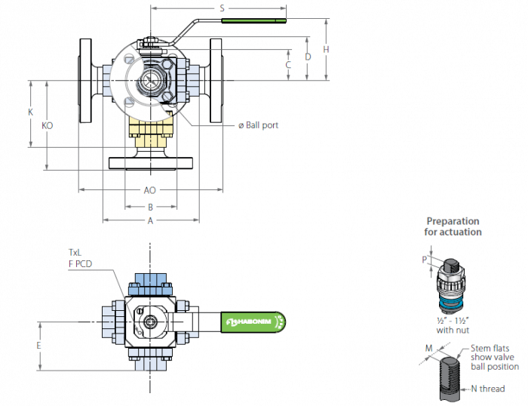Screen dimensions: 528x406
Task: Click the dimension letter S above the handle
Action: (222, 8)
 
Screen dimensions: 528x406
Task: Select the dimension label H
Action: (326, 50)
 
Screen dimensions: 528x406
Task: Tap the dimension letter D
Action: (308, 57)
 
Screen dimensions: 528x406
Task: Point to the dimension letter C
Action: (288, 65)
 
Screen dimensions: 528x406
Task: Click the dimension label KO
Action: (47, 126)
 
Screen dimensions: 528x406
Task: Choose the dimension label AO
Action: (150, 190)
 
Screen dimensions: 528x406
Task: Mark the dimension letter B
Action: (151, 208)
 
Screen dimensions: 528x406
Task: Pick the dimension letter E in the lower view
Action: (38, 346)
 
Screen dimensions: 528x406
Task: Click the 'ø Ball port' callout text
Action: (258, 125)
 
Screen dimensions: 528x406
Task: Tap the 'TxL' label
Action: (75, 252)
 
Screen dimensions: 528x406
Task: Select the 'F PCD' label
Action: (80, 264)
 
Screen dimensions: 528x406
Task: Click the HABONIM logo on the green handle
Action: (249, 321)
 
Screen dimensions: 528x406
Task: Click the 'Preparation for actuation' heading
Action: (453, 226)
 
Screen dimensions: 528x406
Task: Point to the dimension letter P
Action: (424, 260)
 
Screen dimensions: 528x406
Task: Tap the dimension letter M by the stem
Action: (428, 348)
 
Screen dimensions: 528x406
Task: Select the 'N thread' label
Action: (488, 389)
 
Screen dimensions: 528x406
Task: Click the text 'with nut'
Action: (453, 331)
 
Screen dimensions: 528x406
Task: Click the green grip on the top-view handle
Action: (253, 21)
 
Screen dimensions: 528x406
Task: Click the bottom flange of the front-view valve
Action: (151, 163)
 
